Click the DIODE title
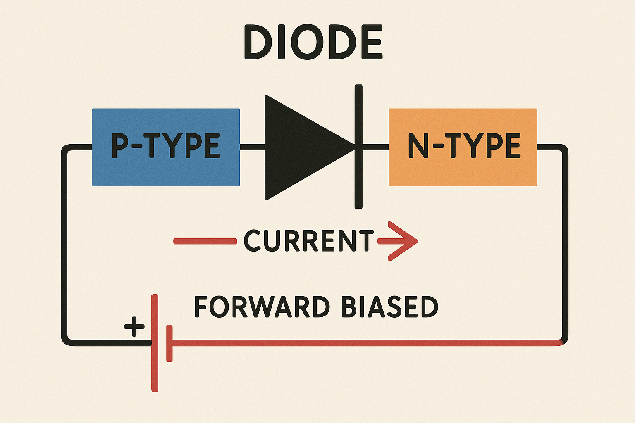click(313, 42)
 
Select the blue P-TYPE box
click(166, 147)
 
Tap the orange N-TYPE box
click(463, 147)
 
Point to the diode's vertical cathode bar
click(358, 147)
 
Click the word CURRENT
click(309, 240)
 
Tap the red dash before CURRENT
click(205, 241)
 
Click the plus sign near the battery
click(134, 326)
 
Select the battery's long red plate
click(155, 343)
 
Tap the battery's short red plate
click(169, 344)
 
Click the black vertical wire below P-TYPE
click(64, 245)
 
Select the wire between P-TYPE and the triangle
click(253, 147)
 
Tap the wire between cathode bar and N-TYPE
click(376, 147)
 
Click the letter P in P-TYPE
click(119, 146)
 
